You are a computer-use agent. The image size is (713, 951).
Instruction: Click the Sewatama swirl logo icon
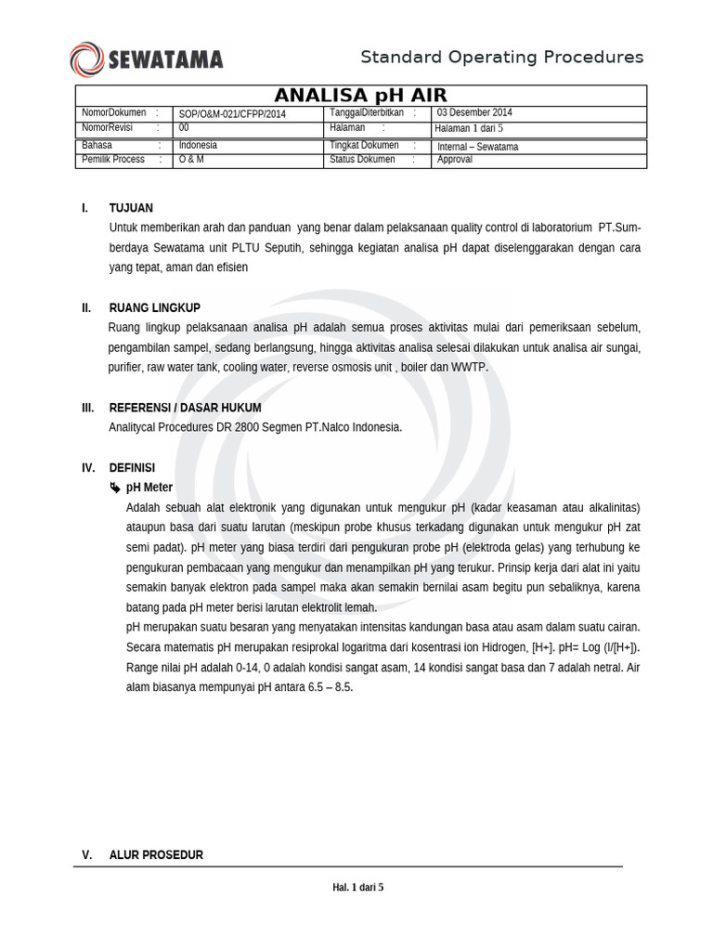tap(86, 59)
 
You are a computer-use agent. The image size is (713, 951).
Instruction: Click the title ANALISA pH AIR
tap(360, 96)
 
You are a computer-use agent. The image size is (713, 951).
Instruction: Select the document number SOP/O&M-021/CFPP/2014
tap(232, 114)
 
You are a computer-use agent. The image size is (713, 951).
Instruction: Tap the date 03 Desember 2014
tap(474, 113)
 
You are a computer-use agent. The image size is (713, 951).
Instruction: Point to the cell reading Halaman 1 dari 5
tap(469, 128)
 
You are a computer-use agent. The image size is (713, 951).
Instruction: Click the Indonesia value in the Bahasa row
tap(198, 146)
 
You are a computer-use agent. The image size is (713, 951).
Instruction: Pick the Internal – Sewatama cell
tap(477, 147)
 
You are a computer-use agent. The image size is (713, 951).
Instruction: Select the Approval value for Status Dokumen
tap(455, 160)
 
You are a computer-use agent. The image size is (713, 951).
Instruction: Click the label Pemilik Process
tap(113, 160)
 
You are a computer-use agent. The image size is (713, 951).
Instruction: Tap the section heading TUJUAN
tap(131, 208)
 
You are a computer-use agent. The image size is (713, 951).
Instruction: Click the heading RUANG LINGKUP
tap(154, 308)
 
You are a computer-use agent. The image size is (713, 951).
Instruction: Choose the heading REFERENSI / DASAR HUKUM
tap(185, 408)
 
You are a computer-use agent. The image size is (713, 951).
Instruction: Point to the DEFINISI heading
tap(132, 468)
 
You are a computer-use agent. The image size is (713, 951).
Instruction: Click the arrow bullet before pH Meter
tap(114, 488)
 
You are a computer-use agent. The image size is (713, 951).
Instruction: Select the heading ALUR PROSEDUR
tap(156, 855)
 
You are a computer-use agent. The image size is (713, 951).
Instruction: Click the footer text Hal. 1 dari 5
tap(357, 888)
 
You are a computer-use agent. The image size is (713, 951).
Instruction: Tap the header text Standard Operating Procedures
tap(501, 58)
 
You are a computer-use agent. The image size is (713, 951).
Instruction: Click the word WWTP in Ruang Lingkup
tap(469, 368)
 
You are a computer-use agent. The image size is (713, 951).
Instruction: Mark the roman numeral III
tap(87, 408)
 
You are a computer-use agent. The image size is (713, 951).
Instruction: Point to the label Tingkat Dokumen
tap(364, 146)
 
